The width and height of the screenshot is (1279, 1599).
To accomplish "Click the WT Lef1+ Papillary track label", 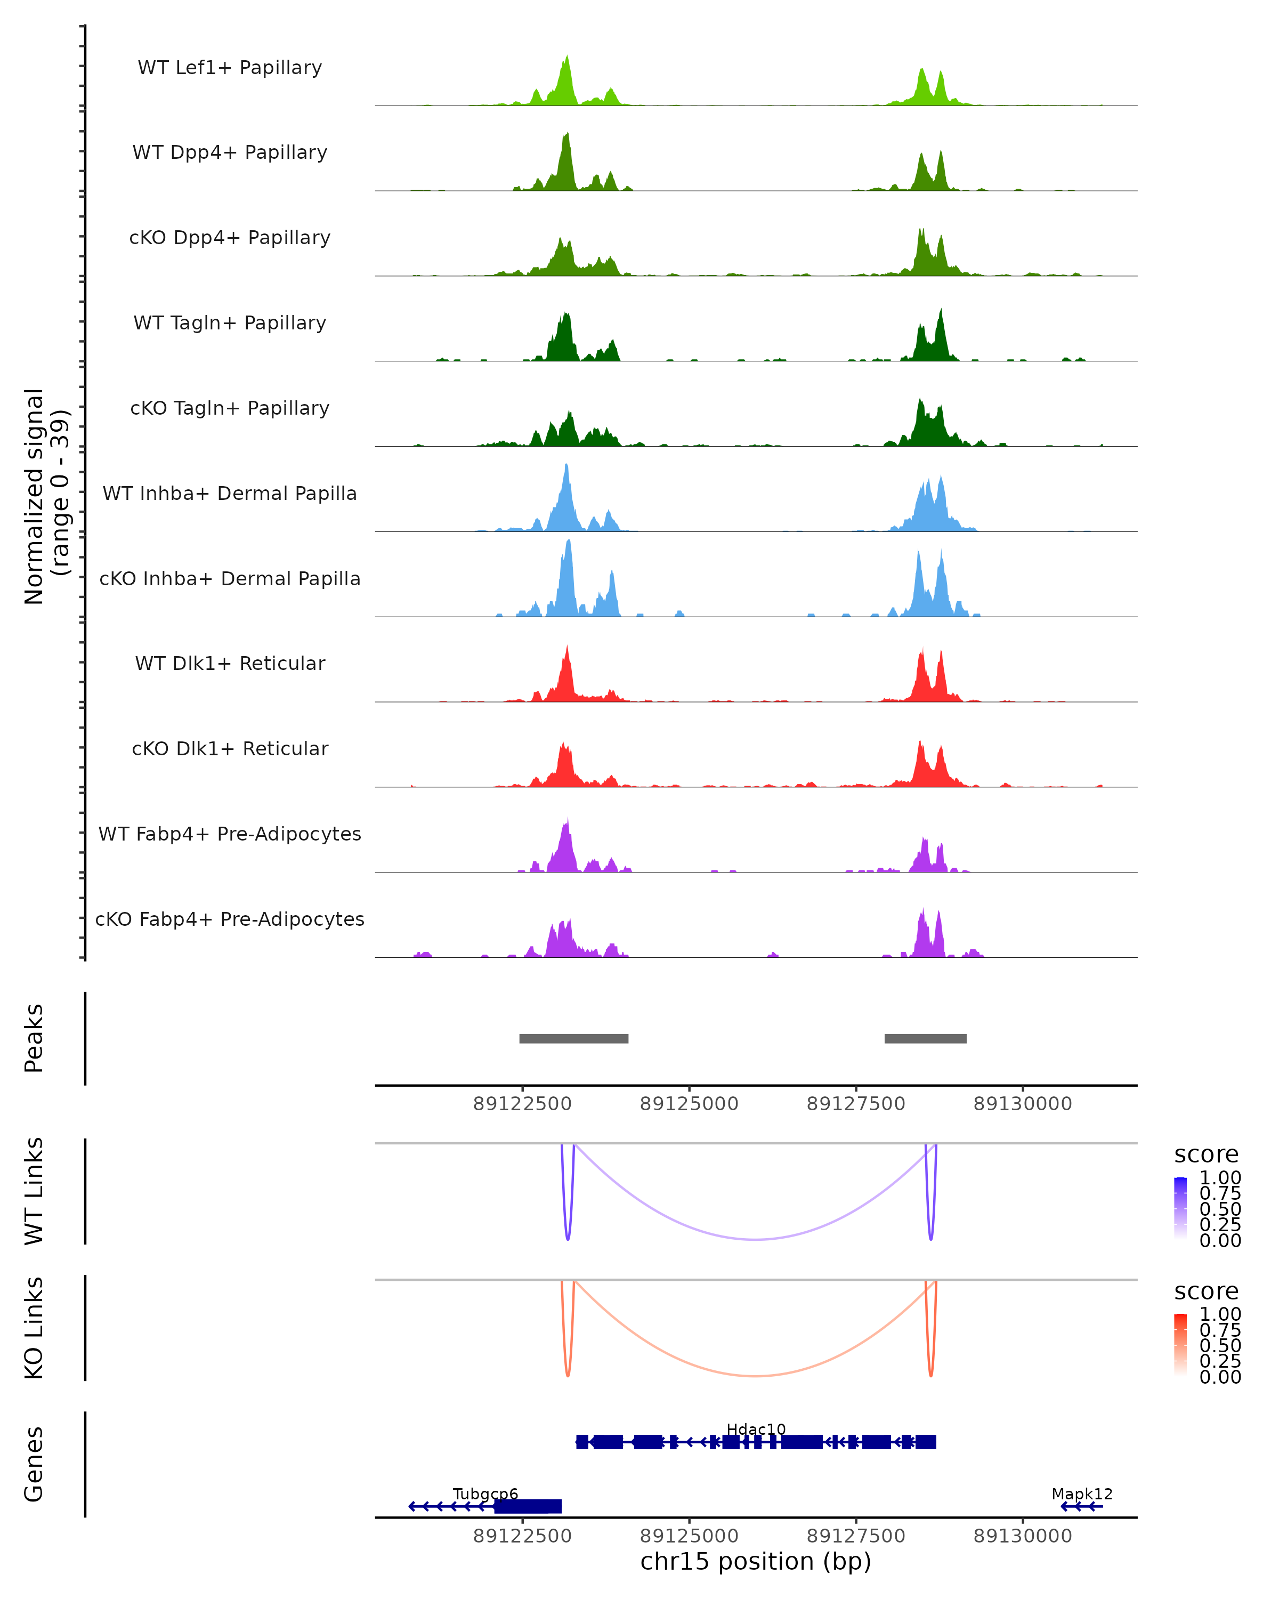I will click(230, 68).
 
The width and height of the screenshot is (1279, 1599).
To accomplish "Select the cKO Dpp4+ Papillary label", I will click(230, 238).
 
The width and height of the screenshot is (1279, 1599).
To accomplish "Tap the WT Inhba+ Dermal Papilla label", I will click(230, 494).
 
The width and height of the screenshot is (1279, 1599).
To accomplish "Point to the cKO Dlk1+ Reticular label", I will click(230, 749).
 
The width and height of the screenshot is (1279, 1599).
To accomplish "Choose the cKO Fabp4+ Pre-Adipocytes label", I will click(230, 919).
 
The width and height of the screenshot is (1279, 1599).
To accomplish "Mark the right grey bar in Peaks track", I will click(925, 1038).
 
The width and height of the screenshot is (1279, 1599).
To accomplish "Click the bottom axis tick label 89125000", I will click(689, 1536).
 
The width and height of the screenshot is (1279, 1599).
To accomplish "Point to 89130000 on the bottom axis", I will click(1023, 1536).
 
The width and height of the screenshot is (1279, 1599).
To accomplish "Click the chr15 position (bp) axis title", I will click(756, 1562).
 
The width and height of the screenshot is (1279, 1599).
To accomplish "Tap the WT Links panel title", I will click(34, 1191).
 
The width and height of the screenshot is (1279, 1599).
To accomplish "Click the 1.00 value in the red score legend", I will click(1220, 1314).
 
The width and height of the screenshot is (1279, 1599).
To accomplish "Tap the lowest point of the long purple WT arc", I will click(756, 1239).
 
